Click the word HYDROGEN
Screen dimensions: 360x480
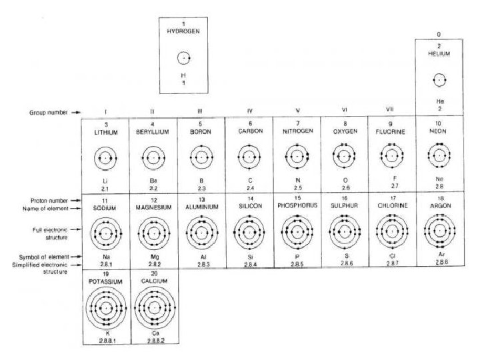(x=183, y=31)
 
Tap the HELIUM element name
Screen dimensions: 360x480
(x=439, y=54)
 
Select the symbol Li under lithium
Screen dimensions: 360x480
(x=105, y=181)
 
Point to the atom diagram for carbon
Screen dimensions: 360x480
(x=249, y=157)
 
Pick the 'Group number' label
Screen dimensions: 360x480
(x=49, y=112)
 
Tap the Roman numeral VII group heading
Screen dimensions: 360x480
(x=390, y=110)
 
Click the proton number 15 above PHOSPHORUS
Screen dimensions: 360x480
(x=297, y=198)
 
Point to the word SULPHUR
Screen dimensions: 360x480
(x=345, y=207)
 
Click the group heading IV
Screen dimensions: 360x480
(x=249, y=111)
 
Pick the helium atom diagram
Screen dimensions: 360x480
(x=438, y=80)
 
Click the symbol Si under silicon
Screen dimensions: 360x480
(x=249, y=256)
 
